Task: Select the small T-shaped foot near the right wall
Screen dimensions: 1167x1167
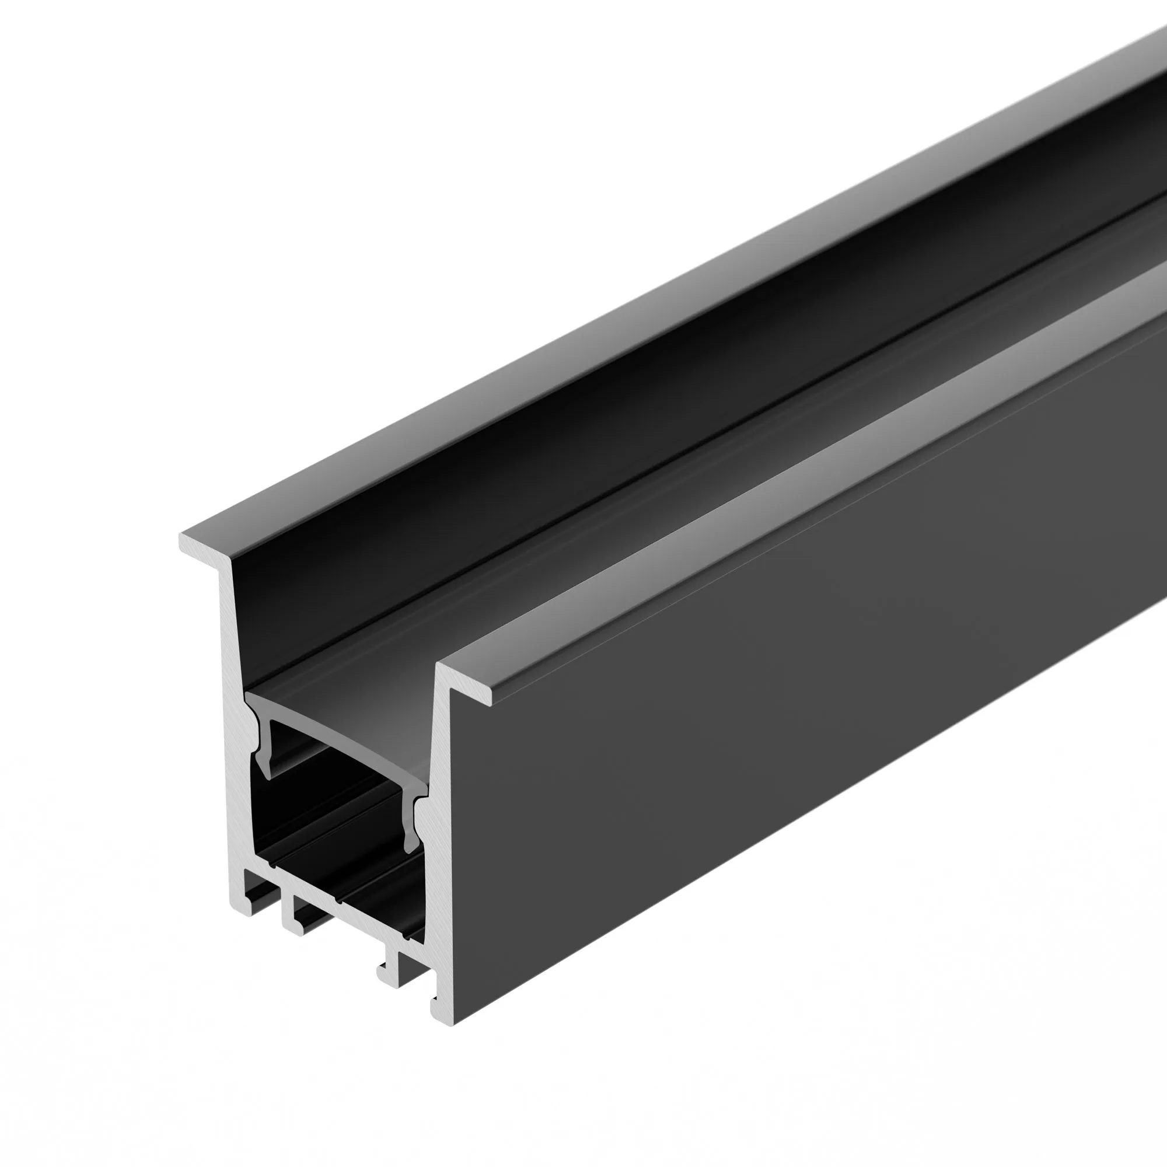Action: coord(390,966)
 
